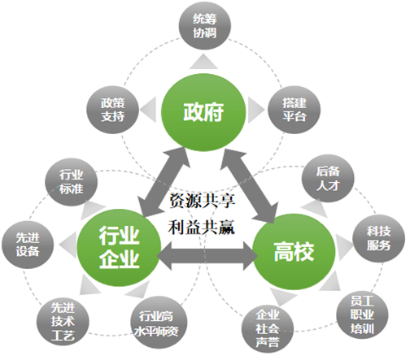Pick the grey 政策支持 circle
tap(112, 108)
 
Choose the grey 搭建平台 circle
tap(293, 108)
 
